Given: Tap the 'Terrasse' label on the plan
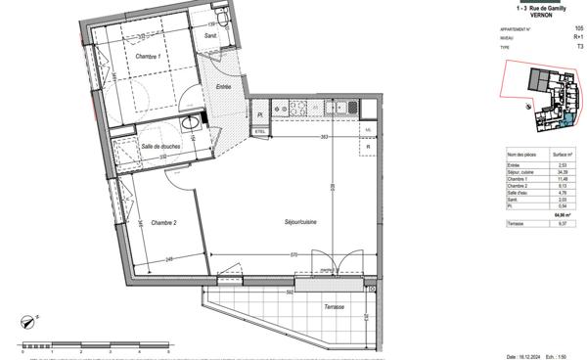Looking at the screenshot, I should (336, 307).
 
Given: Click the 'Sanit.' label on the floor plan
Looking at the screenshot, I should (210, 36).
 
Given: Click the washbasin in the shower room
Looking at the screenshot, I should (187, 124).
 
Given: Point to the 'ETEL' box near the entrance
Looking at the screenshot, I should (261, 130).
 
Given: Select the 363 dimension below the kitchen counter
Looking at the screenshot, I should (322, 138).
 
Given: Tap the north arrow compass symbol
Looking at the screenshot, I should (29, 319).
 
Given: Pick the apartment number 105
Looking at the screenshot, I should (578, 28).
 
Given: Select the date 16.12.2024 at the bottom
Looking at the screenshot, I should (520, 355).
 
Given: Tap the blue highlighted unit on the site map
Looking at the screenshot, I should (569, 121).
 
